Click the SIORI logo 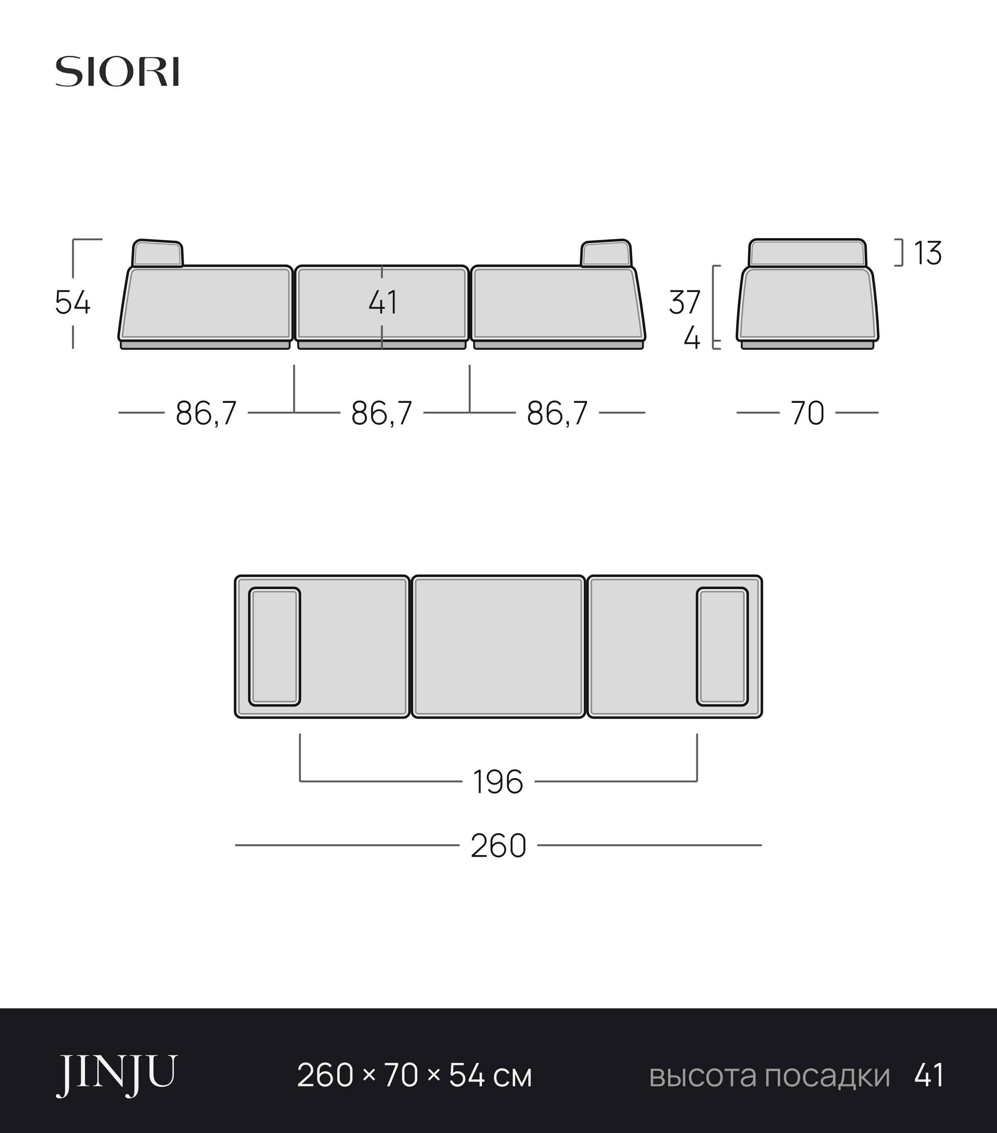tap(117, 71)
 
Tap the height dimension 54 tap(73, 303)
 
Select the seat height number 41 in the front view tap(383, 303)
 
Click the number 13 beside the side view tap(927, 253)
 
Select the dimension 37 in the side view tap(685, 303)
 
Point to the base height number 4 tap(692, 338)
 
